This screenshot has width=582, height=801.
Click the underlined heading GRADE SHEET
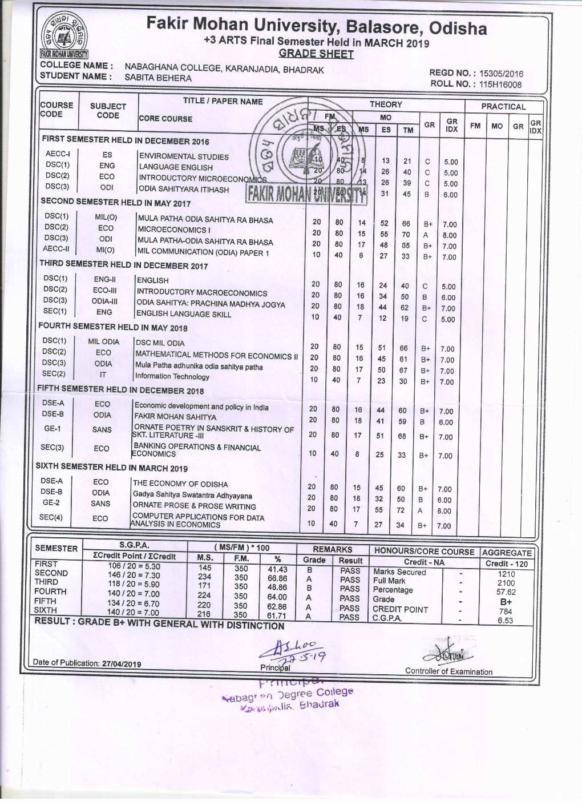pos(316,54)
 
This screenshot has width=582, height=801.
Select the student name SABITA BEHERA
pos(158,78)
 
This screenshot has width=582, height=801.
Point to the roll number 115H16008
pos(500,84)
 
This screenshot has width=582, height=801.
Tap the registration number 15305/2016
pos(501,74)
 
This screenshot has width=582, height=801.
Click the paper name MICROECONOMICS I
pos(174,230)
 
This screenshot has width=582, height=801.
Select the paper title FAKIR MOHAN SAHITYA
pos(175,417)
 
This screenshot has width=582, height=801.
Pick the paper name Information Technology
pos(172,377)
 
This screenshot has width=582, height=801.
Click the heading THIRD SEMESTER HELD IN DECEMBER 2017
pos(123,265)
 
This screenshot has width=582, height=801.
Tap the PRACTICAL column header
pos(503,107)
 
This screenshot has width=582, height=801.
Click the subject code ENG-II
pos(105,280)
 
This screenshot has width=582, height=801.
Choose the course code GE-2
pos(51,503)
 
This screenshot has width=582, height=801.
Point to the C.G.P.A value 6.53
pos(506,621)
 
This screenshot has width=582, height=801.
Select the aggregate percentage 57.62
pos(506,593)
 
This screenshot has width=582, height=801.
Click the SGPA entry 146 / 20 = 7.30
pos(134,575)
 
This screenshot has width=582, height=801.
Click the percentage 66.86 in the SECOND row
pos(277,578)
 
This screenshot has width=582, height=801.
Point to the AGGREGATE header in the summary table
pos(507,553)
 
